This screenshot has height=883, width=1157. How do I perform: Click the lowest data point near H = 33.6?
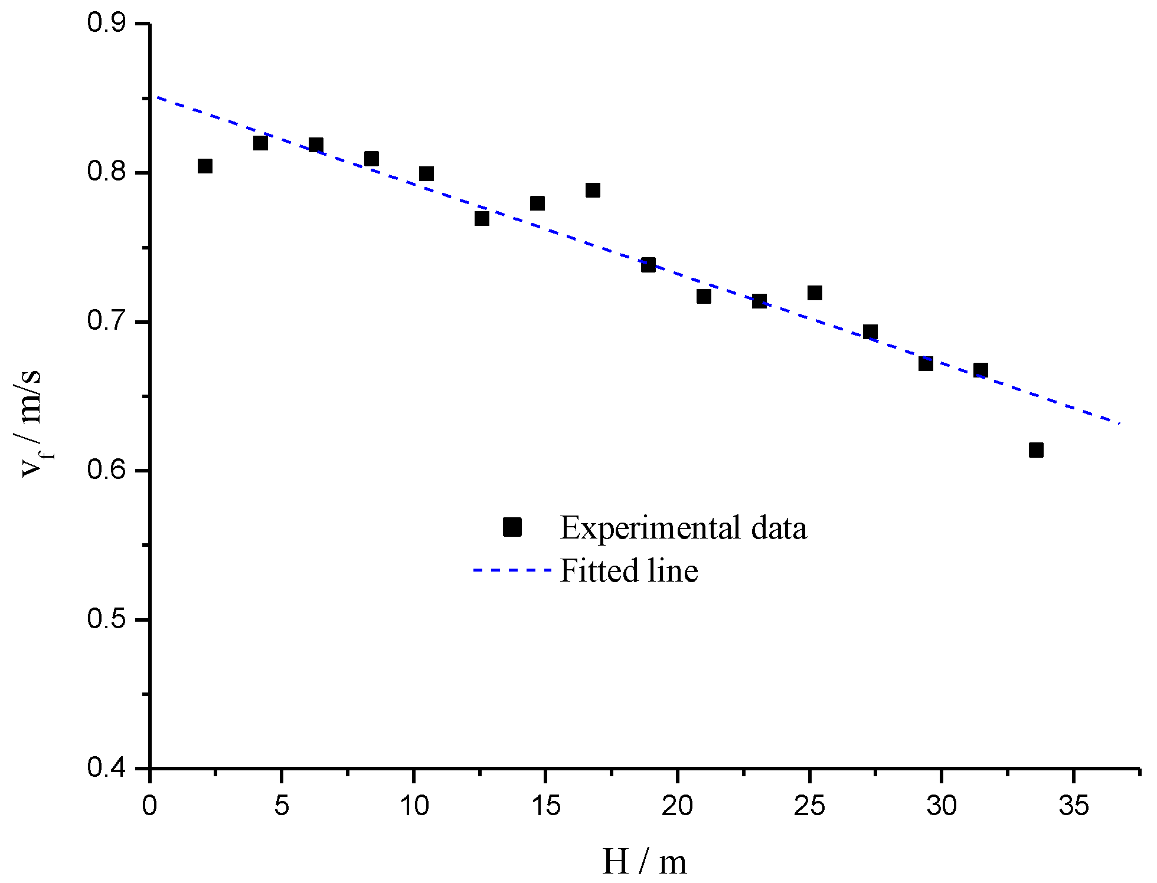tap(1036, 450)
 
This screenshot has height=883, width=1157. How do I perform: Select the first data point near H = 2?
tap(205, 166)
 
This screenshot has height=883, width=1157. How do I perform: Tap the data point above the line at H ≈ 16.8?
tap(593, 190)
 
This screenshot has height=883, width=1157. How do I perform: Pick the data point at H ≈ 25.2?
tap(815, 293)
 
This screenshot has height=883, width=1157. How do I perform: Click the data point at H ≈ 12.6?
tap(482, 218)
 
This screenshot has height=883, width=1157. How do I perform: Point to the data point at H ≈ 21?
tap(704, 296)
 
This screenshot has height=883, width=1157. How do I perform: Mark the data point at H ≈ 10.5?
tap(426, 173)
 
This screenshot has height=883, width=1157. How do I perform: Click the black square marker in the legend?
tap(512, 527)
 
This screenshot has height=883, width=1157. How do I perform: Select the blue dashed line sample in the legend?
tap(512, 570)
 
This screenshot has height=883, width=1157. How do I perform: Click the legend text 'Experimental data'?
tap(683, 527)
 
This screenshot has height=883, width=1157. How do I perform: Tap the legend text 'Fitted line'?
tap(629, 570)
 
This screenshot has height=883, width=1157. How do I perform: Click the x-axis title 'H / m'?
tap(644, 862)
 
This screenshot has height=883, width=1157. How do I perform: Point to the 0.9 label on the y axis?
tap(106, 24)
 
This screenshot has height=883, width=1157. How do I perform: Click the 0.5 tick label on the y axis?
tap(106, 620)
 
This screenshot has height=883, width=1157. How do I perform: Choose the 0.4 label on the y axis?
tap(106, 769)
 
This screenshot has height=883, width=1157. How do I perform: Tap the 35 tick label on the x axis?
tap(1073, 806)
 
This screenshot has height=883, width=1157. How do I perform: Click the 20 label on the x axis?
tap(677, 806)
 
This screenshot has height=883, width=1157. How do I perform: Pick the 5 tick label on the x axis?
tap(282, 806)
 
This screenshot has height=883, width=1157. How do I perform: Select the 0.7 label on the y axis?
tap(106, 322)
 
